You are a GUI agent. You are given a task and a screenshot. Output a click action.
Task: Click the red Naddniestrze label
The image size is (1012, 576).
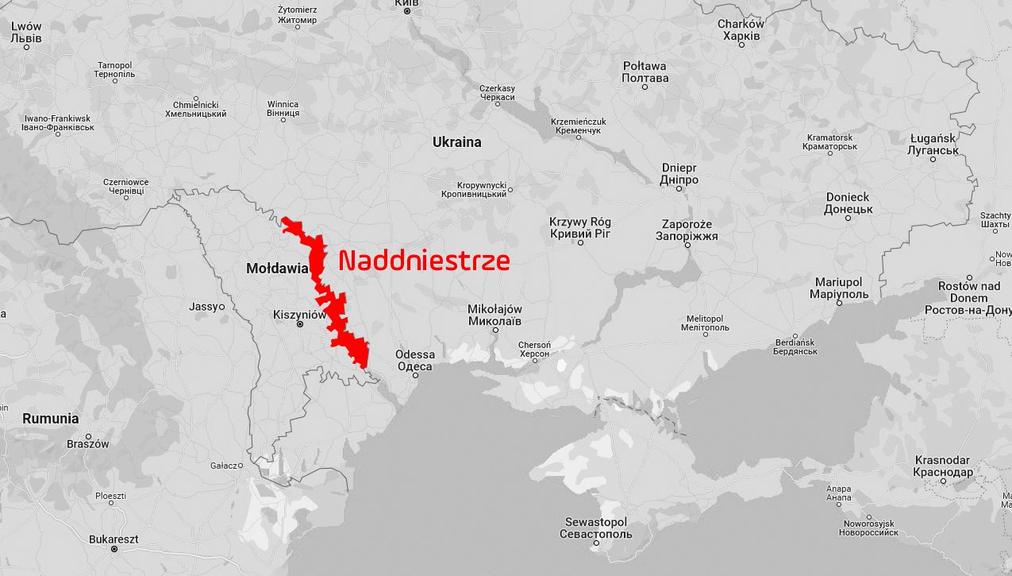pyautogui.click(x=424, y=261)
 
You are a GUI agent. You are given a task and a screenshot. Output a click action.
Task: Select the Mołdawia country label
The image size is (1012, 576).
pyautogui.click(x=277, y=269)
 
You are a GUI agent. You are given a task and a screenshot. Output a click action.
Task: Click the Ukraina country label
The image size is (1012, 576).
pyautogui.click(x=456, y=142)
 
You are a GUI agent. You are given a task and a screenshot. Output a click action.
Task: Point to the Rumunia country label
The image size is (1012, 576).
pyautogui.click(x=50, y=418)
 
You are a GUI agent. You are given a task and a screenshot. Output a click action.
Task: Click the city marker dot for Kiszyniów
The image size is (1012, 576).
pyautogui.click(x=300, y=324)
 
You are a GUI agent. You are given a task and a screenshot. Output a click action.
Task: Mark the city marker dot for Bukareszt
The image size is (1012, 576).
pyautogui.click(x=114, y=549)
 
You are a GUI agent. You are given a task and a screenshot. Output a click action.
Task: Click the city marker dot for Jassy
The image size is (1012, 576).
pyautogui.click(x=221, y=307)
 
